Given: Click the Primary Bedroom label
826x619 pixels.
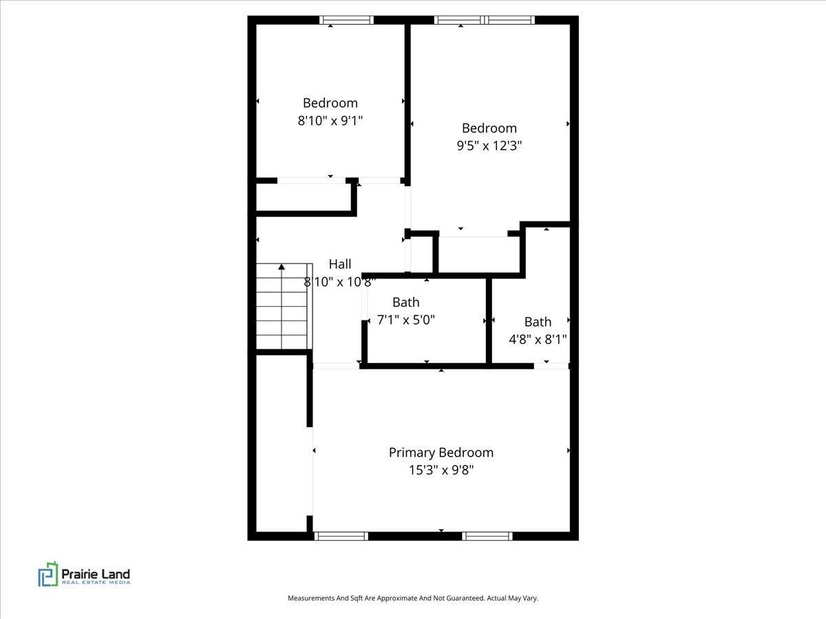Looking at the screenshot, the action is (x=441, y=453).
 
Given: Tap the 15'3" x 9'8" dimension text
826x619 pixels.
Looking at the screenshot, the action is (x=441, y=470).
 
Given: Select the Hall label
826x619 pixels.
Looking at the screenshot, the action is (x=340, y=264).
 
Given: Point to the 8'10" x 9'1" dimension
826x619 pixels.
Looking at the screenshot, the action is (x=330, y=120).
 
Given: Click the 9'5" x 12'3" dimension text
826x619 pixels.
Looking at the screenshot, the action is (x=489, y=145).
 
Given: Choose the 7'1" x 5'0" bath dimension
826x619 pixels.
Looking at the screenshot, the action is (x=405, y=320).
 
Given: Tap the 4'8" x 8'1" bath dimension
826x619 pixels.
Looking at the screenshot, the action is (x=538, y=340).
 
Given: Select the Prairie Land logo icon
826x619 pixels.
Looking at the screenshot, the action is (x=48, y=574).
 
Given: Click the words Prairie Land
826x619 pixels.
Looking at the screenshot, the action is (x=96, y=574).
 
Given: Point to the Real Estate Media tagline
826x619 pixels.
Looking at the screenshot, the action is (x=96, y=583).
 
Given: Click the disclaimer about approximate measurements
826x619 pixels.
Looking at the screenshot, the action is (x=413, y=598).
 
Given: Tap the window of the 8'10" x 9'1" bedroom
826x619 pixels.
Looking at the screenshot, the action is (x=347, y=20).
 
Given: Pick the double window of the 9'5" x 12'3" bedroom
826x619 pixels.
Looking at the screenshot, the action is (x=485, y=20).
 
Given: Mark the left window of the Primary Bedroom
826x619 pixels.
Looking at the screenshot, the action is (x=341, y=536).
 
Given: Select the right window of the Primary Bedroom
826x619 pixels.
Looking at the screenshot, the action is (x=487, y=536).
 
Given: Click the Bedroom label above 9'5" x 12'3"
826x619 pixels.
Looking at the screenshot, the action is (x=489, y=128).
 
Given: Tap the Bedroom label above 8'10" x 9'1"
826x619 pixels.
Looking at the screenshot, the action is (x=330, y=103).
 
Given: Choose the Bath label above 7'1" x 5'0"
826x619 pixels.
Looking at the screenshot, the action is (x=405, y=302).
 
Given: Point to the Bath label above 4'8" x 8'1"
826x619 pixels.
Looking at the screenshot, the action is (x=538, y=322).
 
